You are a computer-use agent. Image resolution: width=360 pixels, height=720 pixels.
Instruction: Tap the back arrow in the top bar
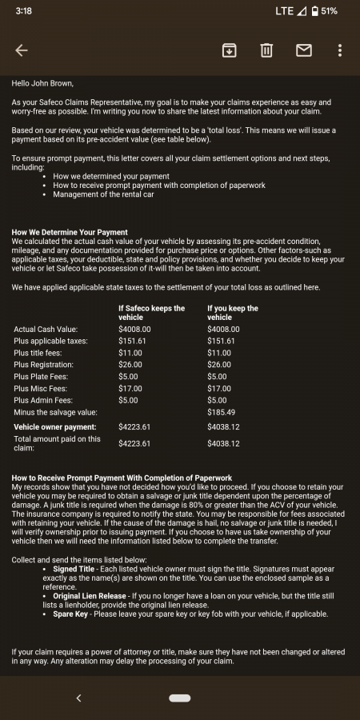pyautogui.click(x=22, y=50)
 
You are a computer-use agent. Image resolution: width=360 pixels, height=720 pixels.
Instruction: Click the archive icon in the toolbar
pyautogui.click(x=229, y=50)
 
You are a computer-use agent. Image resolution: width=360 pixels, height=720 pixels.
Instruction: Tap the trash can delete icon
pyautogui.click(x=266, y=50)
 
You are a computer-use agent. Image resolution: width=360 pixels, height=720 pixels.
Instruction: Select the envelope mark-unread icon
pyautogui.click(x=303, y=50)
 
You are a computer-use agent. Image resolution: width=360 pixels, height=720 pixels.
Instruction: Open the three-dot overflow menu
pyautogui.click(x=340, y=50)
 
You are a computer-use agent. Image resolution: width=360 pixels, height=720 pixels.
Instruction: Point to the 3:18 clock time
pyautogui.click(x=23, y=11)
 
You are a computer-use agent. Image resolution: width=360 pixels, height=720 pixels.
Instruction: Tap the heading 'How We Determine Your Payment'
pyautogui.click(x=70, y=233)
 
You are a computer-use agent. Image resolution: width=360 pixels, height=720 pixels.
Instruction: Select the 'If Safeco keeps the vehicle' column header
pyautogui.click(x=151, y=312)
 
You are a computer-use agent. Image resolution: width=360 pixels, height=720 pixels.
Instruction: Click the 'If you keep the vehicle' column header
pyautogui.click(x=232, y=312)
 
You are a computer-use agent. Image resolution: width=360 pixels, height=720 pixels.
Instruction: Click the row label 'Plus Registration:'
pyautogui.click(x=46, y=365)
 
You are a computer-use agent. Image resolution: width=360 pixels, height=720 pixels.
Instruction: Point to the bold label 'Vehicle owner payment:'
pyautogui.click(x=54, y=426)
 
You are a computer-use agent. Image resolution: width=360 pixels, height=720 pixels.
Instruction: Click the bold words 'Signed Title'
pyautogui.click(x=77, y=570)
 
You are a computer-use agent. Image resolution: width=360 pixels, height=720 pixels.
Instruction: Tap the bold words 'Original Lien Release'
pyautogui.click(x=90, y=596)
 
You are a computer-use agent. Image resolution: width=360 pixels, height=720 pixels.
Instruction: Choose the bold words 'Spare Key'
pyautogui.click(x=70, y=614)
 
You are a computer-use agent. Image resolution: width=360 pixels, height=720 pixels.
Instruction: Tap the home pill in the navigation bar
pyautogui.click(x=179, y=698)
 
